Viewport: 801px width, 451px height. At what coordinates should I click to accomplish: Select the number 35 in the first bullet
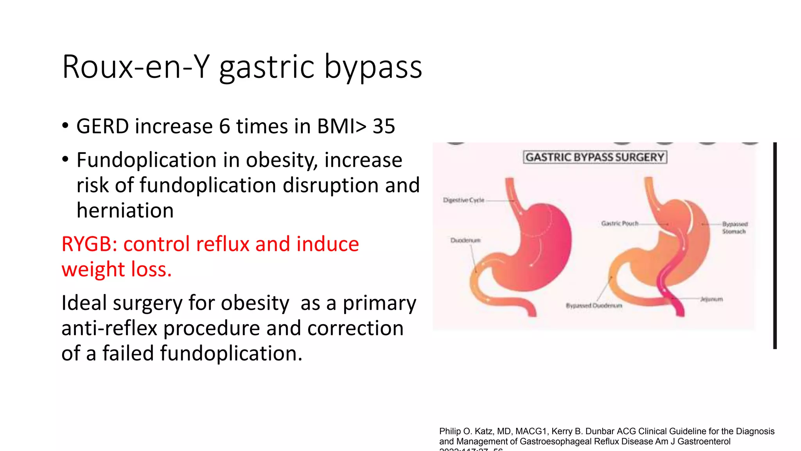(384, 126)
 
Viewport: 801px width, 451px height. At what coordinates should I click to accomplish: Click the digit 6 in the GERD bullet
(224, 126)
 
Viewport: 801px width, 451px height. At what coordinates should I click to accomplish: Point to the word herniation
(125, 211)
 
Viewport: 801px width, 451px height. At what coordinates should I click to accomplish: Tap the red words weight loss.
(116, 269)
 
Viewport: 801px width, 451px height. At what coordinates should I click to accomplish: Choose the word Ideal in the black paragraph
(84, 303)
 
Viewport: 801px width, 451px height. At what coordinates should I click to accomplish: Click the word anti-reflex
(109, 328)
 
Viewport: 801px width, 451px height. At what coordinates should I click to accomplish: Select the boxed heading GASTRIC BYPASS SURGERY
(595, 157)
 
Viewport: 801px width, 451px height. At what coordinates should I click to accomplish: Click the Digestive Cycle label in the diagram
(463, 200)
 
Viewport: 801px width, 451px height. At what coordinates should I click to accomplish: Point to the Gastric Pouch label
(620, 224)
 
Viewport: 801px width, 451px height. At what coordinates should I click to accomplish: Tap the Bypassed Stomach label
(735, 228)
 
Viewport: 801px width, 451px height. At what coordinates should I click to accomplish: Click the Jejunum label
(711, 299)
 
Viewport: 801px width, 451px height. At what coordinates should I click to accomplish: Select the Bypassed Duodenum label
(594, 306)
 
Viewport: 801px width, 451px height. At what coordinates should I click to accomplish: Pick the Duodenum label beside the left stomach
(465, 240)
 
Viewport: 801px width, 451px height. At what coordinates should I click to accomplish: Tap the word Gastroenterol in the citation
(704, 442)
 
